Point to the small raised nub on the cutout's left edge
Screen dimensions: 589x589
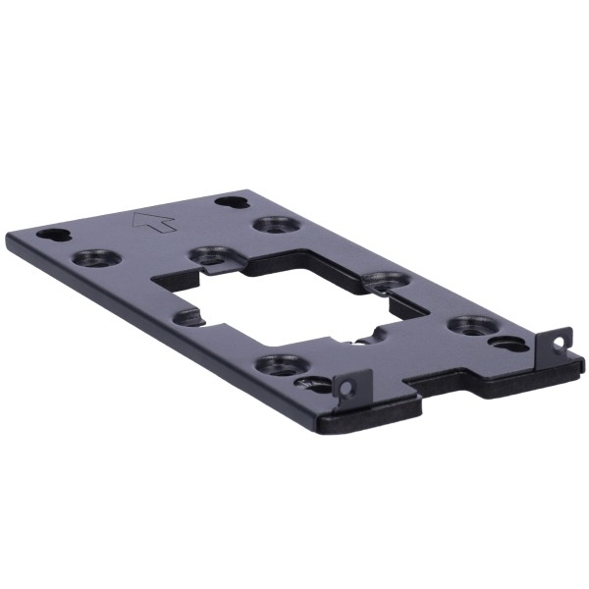[186, 316]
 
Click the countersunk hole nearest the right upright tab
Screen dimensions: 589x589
[472, 324]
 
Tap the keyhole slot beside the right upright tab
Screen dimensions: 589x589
[509, 344]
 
